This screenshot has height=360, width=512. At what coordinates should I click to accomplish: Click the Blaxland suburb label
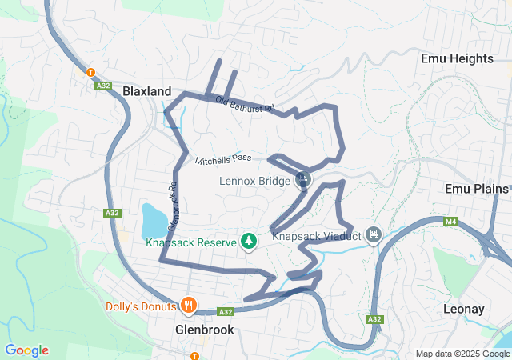(x=147, y=92)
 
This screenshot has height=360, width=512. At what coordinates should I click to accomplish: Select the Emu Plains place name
(x=477, y=189)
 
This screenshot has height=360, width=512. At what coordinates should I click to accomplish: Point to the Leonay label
(x=465, y=308)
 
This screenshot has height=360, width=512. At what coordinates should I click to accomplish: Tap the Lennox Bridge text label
(x=254, y=181)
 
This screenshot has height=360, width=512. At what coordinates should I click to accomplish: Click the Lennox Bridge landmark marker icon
(x=302, y=179)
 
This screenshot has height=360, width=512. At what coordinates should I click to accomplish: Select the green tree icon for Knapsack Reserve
(x=249, y=241)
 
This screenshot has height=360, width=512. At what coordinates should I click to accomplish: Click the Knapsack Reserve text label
(x=190, y=242)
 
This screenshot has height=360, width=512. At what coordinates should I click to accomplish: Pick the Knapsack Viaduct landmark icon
(x=372, y=235)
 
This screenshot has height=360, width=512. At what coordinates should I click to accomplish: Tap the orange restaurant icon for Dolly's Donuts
(x=189, y=305)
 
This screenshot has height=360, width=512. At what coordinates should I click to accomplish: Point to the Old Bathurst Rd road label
(x=246, y=105)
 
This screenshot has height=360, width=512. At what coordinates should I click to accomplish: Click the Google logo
(x=26, y=350)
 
